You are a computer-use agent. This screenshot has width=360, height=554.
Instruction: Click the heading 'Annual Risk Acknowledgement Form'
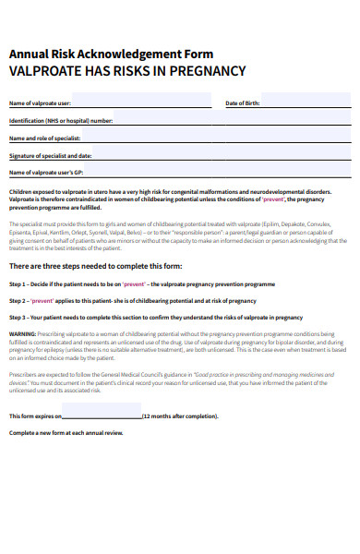tap(111, 54)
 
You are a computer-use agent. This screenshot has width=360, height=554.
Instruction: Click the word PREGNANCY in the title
tap(203, 70)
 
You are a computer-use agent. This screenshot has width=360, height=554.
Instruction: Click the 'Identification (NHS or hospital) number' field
tap(231, 120)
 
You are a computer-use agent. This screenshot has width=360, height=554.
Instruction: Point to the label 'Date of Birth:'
tap(244, 102)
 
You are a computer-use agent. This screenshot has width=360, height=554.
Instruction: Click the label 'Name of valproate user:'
tap(40, 102)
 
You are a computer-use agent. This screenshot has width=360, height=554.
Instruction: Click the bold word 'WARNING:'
tap(23, 333)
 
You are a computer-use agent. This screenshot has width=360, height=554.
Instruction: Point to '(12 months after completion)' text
tap(180, 416)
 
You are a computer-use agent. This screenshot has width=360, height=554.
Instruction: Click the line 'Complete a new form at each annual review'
tap(66, 433)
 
